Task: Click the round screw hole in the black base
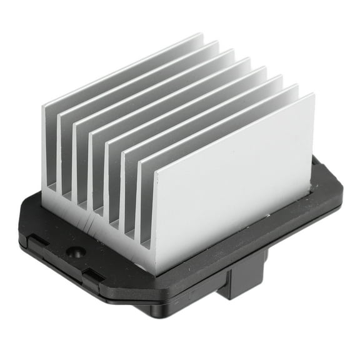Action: pyautogui.click(x=76, y=252)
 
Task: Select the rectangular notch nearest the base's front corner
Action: pyautogui.click(x=92, y=273)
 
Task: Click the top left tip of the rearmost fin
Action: pyautogui.click(x=44, y=106)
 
